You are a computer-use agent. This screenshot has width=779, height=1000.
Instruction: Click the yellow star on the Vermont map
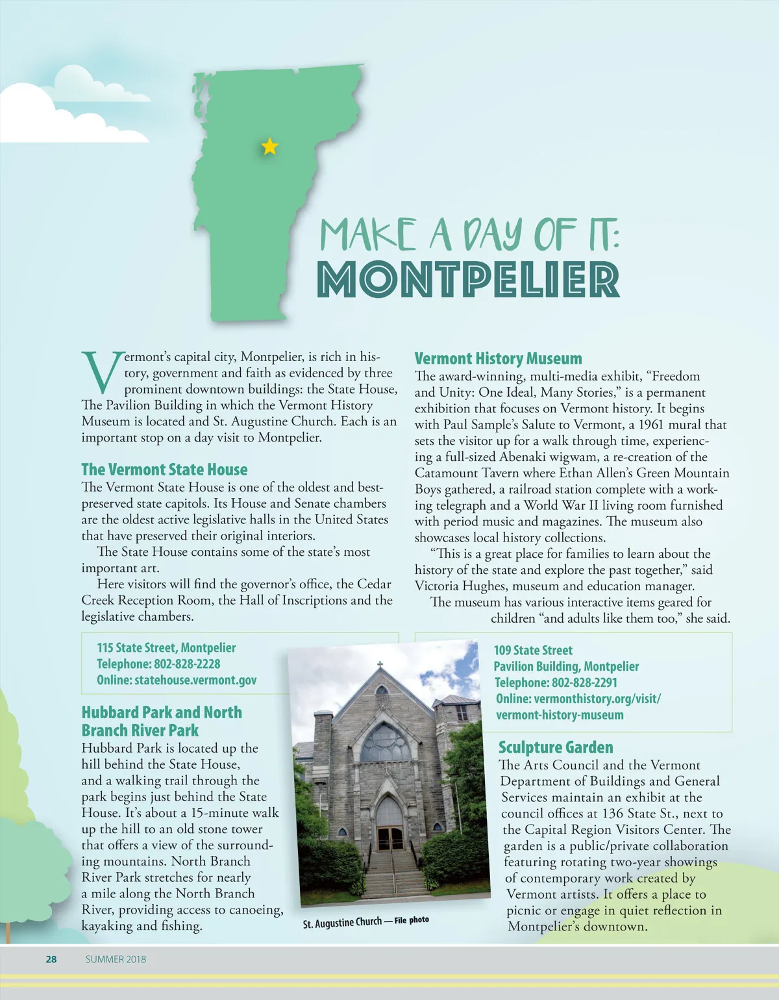point(269,147)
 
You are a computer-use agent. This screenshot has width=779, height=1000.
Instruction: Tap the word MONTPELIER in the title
point(468,280)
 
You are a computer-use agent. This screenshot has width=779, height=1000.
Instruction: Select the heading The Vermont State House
point(164,469)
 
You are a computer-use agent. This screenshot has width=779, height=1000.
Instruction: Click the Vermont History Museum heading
point(498,358)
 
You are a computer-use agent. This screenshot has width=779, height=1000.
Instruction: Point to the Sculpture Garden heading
point(555,747)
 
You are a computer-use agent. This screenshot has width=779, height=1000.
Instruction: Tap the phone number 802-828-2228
point(187,664)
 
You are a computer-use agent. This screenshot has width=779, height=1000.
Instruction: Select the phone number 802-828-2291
point(584,682)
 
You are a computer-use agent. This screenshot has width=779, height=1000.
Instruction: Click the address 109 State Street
point(533,650)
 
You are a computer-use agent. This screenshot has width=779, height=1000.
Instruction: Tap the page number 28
point(51,959)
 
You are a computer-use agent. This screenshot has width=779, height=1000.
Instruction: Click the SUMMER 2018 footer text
point(116,959)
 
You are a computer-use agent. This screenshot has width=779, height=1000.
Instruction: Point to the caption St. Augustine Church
point(342,923)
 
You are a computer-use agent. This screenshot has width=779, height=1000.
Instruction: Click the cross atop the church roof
point(380,666)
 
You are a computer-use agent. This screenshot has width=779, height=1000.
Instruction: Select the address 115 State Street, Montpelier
point(166,647)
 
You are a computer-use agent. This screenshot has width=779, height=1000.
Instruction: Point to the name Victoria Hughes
point(461,586)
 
